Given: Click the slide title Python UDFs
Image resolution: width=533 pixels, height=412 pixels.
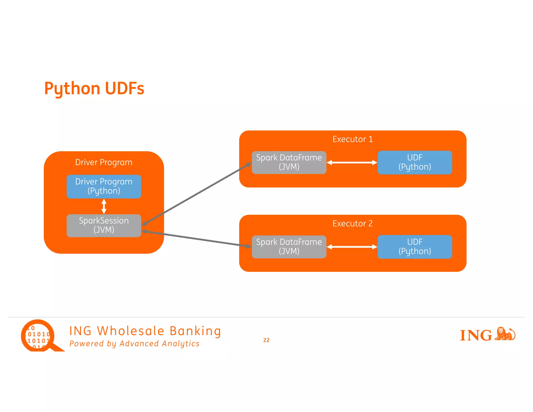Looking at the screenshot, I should pos(94,89).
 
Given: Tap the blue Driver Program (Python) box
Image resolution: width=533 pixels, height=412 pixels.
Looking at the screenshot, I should pos(104,186).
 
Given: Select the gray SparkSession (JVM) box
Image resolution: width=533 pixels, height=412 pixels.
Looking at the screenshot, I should pos(104,226).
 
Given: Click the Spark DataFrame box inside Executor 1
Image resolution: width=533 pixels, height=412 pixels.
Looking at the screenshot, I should pos(289,163).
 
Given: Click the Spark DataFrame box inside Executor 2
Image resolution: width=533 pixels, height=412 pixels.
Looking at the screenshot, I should pos(289,247).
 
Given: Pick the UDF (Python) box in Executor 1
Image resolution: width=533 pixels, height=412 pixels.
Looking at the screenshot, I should pos(415,163).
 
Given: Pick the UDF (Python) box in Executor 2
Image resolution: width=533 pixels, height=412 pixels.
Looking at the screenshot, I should pos(415,247).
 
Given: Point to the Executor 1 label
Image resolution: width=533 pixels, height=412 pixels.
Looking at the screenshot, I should pos(352,139).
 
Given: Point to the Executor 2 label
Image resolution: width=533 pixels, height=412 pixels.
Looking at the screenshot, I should pos(352,224).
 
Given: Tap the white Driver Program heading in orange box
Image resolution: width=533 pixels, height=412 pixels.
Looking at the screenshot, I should pos(104,163).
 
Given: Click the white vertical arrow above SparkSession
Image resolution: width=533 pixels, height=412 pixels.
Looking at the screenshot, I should pos(104,206).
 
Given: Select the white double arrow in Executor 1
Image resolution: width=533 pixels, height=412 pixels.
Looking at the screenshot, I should pos(352,163).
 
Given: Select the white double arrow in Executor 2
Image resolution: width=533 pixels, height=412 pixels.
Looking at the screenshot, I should pos(352,247).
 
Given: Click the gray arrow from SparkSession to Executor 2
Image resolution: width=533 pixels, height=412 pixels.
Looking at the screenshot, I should pos(196,239).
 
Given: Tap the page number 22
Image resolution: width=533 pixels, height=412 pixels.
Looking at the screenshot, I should pos(266,340).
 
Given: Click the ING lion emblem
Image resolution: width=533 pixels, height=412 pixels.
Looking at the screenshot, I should pos(505,334).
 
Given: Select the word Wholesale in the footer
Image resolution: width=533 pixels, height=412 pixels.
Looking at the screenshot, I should pos(131,331).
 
